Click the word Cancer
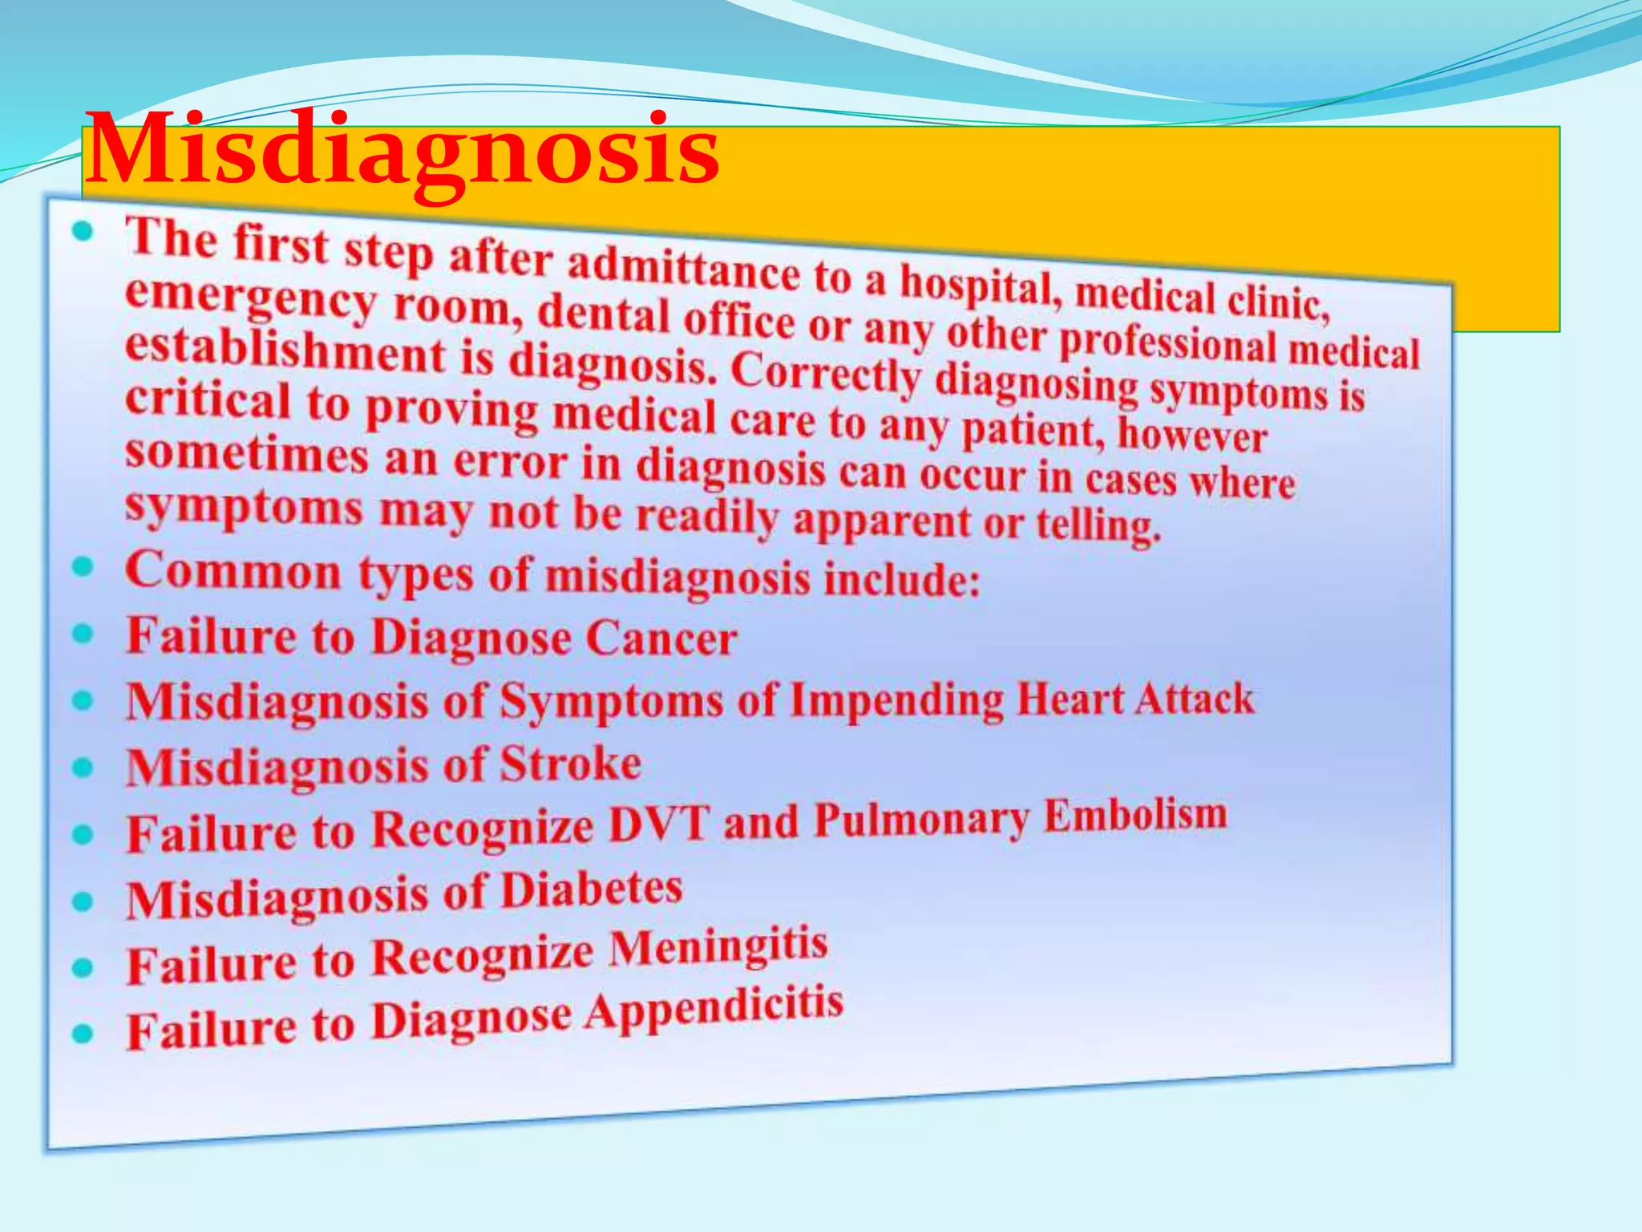tap(661, 639)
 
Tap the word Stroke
tap(570, 764)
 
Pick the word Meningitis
tap(718, 947)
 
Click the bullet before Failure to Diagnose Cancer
tap(83, 634)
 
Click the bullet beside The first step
tap(83, 233)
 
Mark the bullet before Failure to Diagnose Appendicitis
tap(83, 1033)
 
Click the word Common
tap(233, 571)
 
